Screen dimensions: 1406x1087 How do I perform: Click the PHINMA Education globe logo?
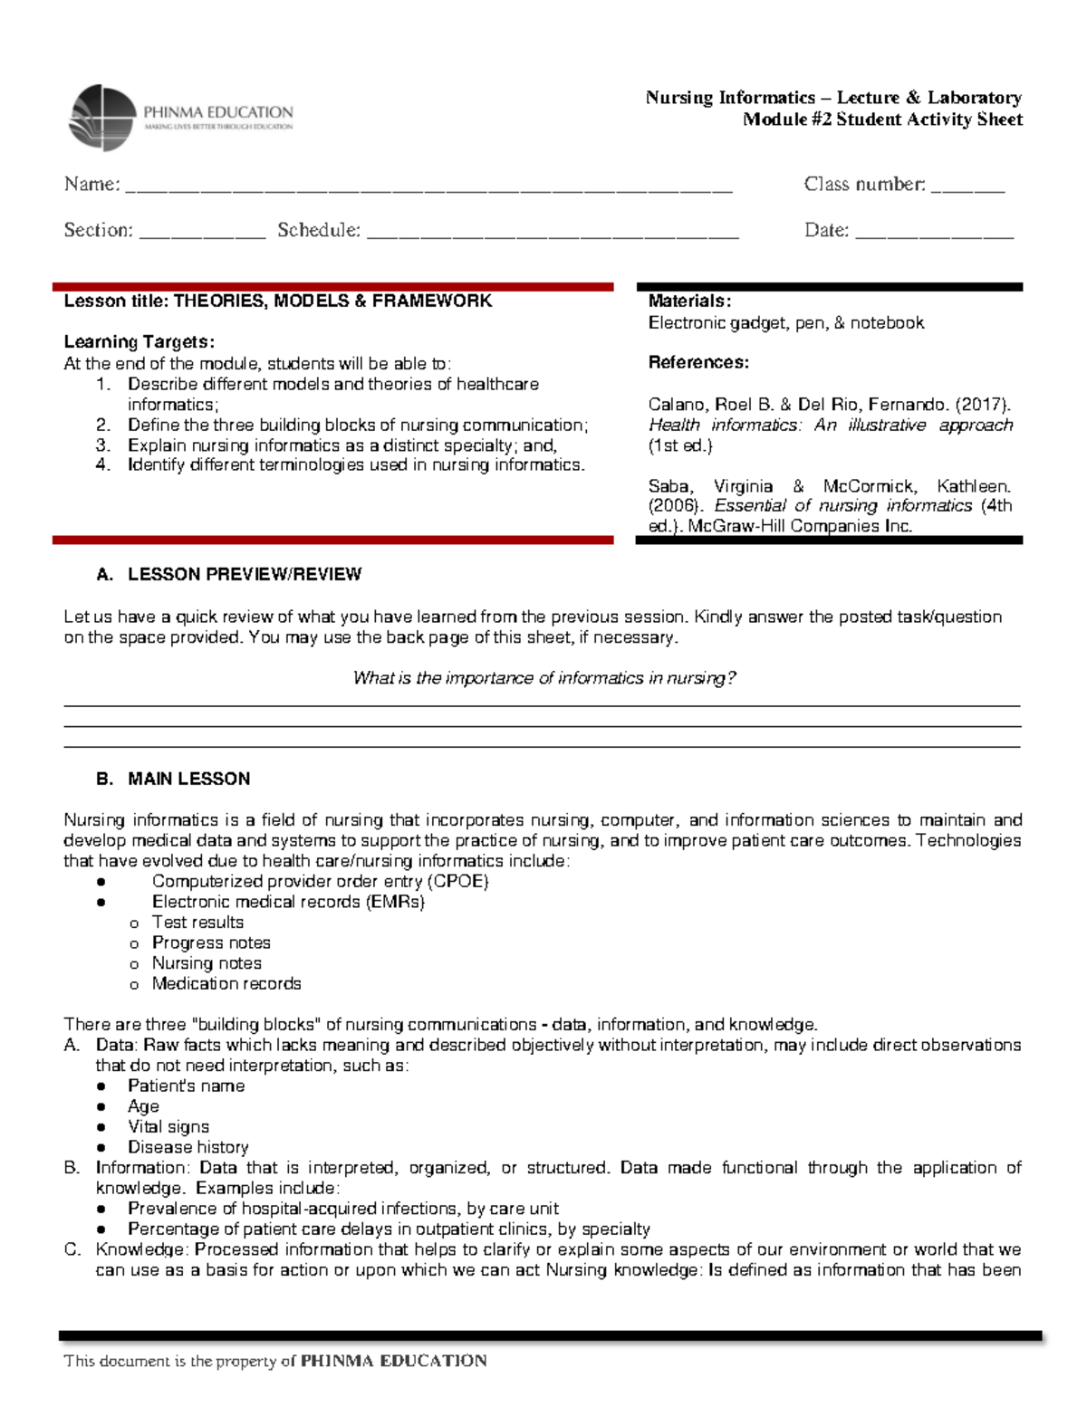pos(101,118)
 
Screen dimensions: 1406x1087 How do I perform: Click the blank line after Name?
pos(428,187)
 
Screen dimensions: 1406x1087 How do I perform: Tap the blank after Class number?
pos(967,187)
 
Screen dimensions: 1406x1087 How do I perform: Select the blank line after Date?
pos(934,233)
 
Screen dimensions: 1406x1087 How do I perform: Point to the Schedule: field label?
pos(318,230)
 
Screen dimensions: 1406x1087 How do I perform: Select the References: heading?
pos(698,363)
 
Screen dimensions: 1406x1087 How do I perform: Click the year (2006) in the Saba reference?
pos(676,506)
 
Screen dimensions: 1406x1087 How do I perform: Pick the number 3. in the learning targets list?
pos(102,445)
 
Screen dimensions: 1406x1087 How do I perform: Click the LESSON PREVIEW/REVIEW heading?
pos(244,575)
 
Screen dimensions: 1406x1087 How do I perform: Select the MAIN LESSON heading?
pos(188,780)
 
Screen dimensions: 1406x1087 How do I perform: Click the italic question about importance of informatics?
pos(543,678)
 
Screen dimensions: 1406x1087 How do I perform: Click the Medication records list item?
pos(226,984)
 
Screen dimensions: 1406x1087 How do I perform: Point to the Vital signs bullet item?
pos(168,1127)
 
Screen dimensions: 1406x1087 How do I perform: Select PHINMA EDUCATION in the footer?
pos(393,1361)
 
